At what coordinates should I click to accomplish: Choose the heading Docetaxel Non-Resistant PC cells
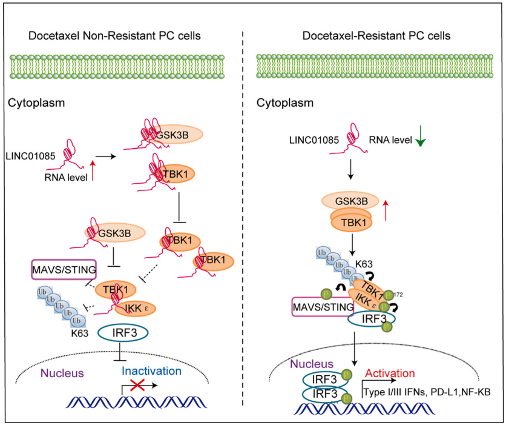pyautogui.click(x=115, y=36)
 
